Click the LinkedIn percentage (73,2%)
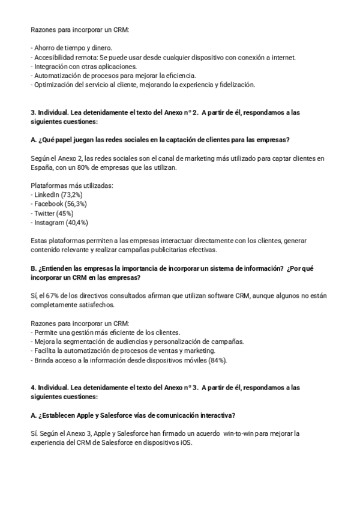(72, 195)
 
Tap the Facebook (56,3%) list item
(58, 204)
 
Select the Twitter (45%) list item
(53, 213)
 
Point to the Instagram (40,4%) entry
(61, 222)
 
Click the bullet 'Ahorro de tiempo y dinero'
(73, 48)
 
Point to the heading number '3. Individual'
(51, 112)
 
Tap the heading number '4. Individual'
(51, 388)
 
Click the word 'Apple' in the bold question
(87, 415)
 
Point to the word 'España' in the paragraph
(41, 167)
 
